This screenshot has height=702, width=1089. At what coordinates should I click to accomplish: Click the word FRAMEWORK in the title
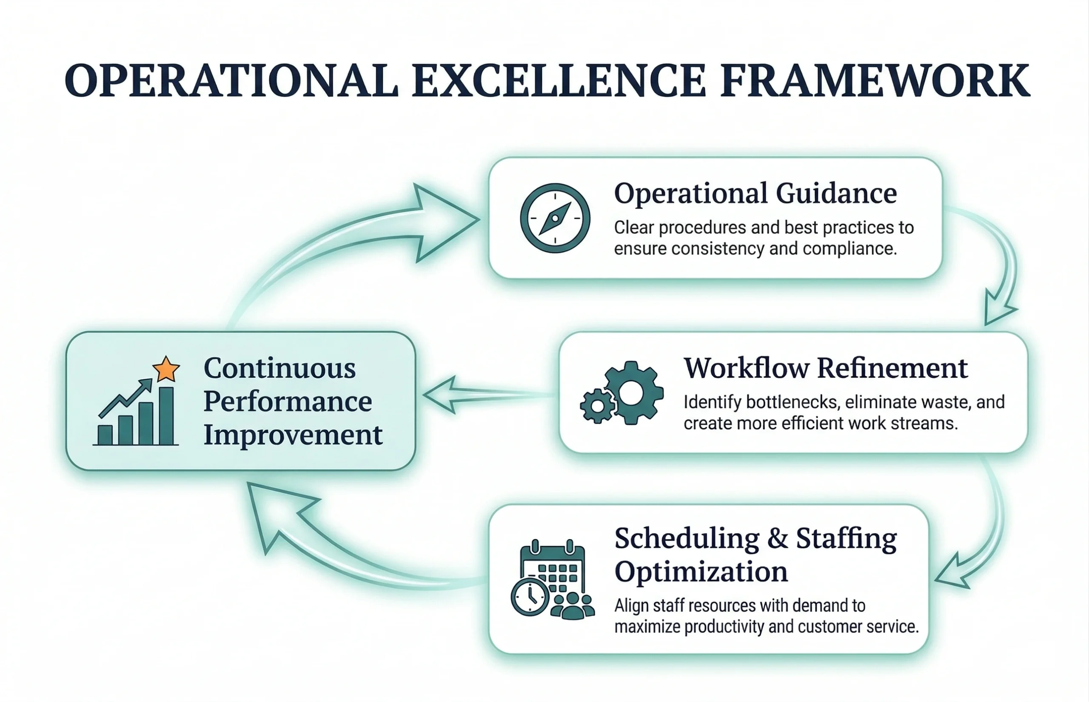(x=875, y=81)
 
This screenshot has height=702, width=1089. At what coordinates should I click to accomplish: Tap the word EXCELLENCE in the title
(x=559, y=81)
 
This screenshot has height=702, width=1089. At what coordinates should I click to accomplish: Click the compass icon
(x=555, y=218)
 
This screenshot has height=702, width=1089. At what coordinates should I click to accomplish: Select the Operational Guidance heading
(x=755, y=194)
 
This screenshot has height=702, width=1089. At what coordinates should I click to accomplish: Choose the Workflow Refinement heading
(x=825, y=368)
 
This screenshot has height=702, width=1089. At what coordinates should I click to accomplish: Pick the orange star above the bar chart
(x=166, y=369)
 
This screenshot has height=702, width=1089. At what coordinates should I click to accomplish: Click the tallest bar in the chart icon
(x=166, y=416)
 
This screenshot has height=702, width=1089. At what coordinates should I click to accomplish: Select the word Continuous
(x=279, y=368)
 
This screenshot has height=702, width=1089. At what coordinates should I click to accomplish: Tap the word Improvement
(x=293, y=435)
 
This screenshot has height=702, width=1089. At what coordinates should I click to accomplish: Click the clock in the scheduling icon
(x=530, y=597)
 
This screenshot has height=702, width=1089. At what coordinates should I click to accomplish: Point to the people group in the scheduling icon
(x=573, y=606)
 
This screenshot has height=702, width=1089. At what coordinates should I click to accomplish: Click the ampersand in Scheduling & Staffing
(x=778, y=539)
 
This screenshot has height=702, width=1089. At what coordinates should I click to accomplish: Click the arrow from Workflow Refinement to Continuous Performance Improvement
(x=488, y=395)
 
